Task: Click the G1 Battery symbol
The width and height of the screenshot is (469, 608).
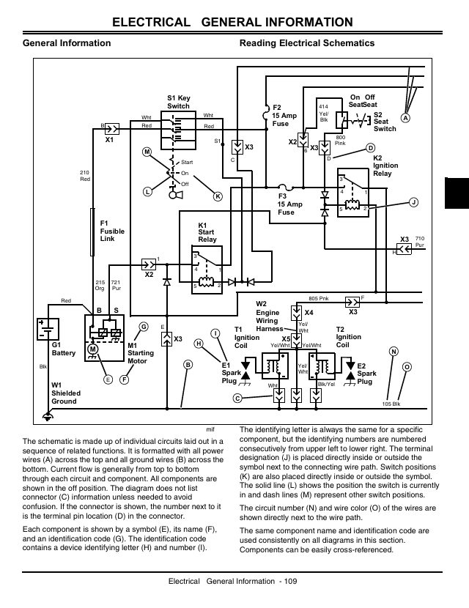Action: [x=48, y=329]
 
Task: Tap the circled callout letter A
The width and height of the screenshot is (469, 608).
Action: [x=405, y=118]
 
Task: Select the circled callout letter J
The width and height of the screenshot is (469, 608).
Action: [x=414, y=202]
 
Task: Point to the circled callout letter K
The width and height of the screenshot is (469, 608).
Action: [x=218, y=196]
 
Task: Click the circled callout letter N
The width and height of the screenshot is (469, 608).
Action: [x=394, y=352]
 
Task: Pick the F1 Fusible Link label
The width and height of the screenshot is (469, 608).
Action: [x=112, y=231]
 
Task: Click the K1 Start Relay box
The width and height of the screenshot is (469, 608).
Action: [x=207, y=270]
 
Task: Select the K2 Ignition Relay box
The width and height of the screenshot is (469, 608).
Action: [x=353, y=193]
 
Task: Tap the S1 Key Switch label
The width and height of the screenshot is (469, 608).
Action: [x=179, y=102]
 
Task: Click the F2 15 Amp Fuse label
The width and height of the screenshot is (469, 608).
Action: [x=284, y=116]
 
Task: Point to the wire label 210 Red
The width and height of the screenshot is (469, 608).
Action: [x=85, y=176]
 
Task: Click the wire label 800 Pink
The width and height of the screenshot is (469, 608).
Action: [x=340, y=141]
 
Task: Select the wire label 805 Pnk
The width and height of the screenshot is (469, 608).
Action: [x=319, y=299]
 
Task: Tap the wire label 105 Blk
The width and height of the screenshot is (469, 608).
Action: [x=391, y=404]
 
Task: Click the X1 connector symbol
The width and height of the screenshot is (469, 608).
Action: [x=112, y=129]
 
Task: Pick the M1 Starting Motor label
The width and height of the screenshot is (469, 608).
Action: [x=141, y=353]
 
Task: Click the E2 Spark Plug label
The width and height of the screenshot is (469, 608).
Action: [x=366, y=374]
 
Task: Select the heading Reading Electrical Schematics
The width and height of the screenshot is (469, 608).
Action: [x=307, y=43]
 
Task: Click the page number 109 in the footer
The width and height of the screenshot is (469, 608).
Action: [x=290, y=581]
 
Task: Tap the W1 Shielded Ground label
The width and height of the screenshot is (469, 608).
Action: [x=66, y=393]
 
